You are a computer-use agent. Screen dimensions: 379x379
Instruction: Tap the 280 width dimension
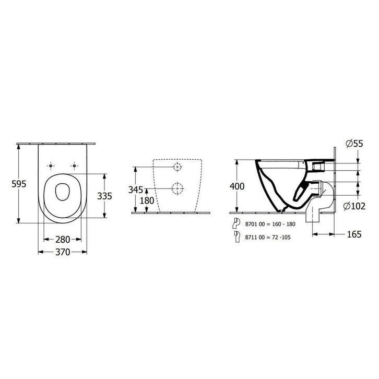(x=63, y=240)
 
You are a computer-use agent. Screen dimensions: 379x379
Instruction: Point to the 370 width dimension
(x=63, y=252)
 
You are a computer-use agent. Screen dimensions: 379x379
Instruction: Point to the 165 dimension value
(x=354, y=234)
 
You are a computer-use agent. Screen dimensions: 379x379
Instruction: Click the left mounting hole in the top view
(x=51, y=165)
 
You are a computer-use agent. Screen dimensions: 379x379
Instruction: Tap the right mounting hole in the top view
(x=75, y=165)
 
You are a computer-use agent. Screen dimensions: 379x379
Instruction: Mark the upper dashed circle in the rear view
(x=177, y=167)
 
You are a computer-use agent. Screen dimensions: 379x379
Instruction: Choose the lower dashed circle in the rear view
(x=177, y=188)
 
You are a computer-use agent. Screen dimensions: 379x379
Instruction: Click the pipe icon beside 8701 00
(x=235, y=223)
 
